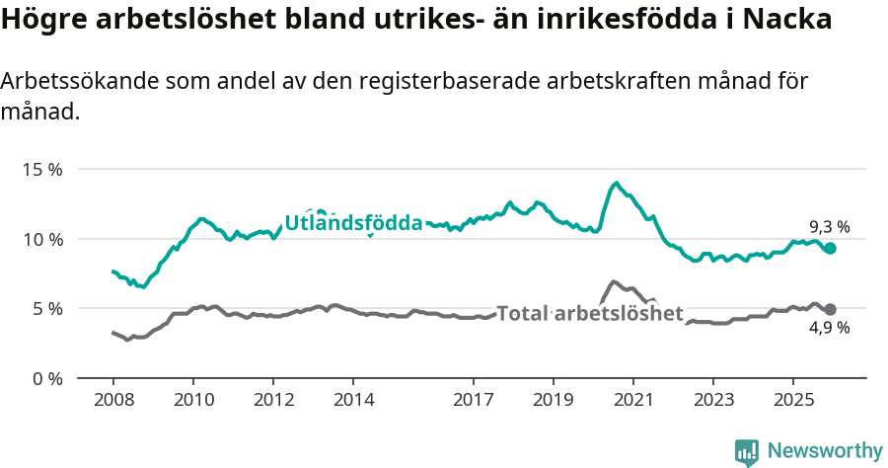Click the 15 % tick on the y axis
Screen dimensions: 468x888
pos(41,169)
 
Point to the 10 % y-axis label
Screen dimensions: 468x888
pos(41,239)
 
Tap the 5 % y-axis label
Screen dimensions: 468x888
pos(46,308)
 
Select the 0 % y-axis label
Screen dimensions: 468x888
pos(46,378)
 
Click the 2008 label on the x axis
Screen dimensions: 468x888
pos(113,400)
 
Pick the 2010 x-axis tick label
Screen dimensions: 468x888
pos(193,400)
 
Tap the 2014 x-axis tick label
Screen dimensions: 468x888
pos(353,400)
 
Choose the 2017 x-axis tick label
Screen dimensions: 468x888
pos(473,400)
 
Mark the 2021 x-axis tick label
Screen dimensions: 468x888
pos(632,400)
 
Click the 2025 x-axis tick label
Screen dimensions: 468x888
pos(792,400)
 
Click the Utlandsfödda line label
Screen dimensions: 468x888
pos(353,223)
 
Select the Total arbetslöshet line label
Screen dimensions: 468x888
pos(590,314)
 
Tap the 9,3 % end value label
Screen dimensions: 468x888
pos(829,227)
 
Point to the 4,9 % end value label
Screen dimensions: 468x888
pos(829,328)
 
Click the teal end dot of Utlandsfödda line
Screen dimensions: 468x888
pos(831,249)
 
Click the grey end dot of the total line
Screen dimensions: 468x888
pos(831,309)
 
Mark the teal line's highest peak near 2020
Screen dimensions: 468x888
pos(617,183)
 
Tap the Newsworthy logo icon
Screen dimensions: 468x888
pos(747,451)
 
